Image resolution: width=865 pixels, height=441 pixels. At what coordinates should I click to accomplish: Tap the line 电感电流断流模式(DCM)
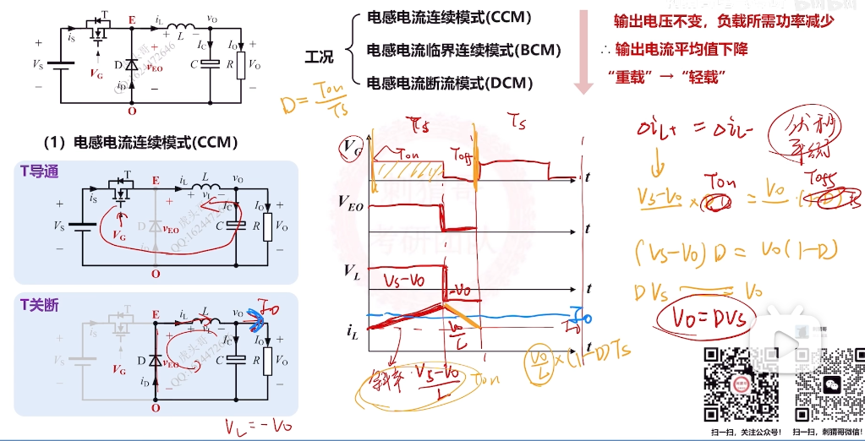449,83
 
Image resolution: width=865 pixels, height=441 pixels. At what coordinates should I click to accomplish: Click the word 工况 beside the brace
319,57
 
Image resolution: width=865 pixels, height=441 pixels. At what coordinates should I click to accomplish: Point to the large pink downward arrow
583,52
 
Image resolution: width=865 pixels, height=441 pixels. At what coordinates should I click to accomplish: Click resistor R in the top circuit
241,65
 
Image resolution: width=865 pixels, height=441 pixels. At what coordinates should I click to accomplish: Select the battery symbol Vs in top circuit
57,65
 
